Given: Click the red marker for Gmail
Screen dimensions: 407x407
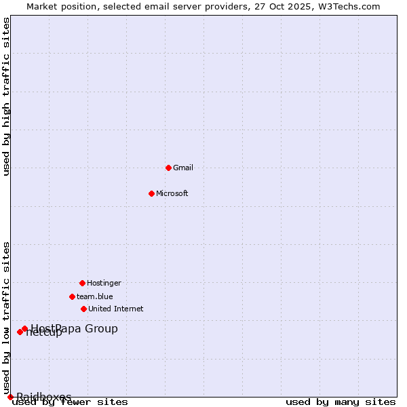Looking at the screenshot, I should (x=169, y=168).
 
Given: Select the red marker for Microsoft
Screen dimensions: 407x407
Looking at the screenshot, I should (x=152, y=193).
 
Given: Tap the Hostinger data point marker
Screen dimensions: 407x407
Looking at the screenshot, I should (x=82, y=283).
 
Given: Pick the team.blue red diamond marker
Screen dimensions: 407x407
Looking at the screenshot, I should (x=72, y=296).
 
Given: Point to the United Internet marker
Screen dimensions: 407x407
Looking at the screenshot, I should (x=83, y=309).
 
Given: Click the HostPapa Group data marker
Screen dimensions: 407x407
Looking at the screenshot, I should (x=24, y=329).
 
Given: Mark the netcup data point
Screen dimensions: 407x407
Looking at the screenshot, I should (x=20, y=332).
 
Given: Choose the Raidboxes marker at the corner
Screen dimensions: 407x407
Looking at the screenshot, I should (x=10, y=397).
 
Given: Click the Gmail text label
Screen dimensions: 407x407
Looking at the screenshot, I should (x=183, y=168).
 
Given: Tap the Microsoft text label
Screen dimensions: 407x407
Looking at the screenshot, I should (x=172, y=193).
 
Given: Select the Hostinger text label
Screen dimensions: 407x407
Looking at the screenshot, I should (x=104, y=283).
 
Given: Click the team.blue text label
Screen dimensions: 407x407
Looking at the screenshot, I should (x=95, y=296).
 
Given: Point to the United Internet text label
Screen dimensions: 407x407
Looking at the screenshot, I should (x=116, y=309).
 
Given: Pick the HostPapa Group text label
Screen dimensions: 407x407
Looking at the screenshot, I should (x=75, y=329).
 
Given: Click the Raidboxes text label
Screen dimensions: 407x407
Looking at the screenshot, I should (x=44, y=397).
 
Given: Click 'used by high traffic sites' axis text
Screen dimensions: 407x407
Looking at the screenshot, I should (x=7, y=96).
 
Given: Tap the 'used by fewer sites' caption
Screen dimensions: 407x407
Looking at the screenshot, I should (x=70, y=402).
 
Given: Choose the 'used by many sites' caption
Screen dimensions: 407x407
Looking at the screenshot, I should (x=341, y=402).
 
